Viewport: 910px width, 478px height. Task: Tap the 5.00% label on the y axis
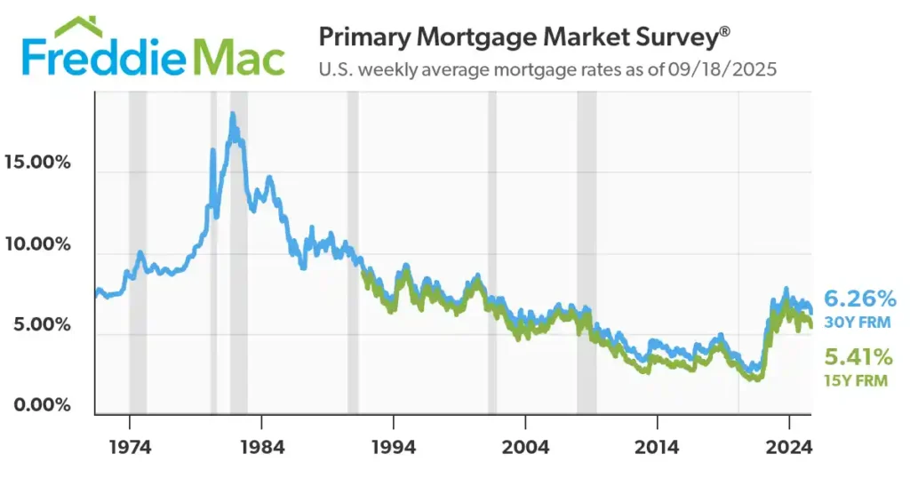[40, 324]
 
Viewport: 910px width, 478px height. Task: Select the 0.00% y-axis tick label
[40, 405]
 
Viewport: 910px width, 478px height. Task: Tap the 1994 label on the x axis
[394, 446]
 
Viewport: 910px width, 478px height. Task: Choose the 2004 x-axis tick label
[524, 446]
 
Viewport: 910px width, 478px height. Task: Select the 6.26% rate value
[860, 299]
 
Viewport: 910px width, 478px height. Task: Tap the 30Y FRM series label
[855, 322]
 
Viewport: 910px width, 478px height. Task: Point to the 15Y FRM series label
[855, 381]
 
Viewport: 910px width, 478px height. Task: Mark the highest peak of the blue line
[232, 115]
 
